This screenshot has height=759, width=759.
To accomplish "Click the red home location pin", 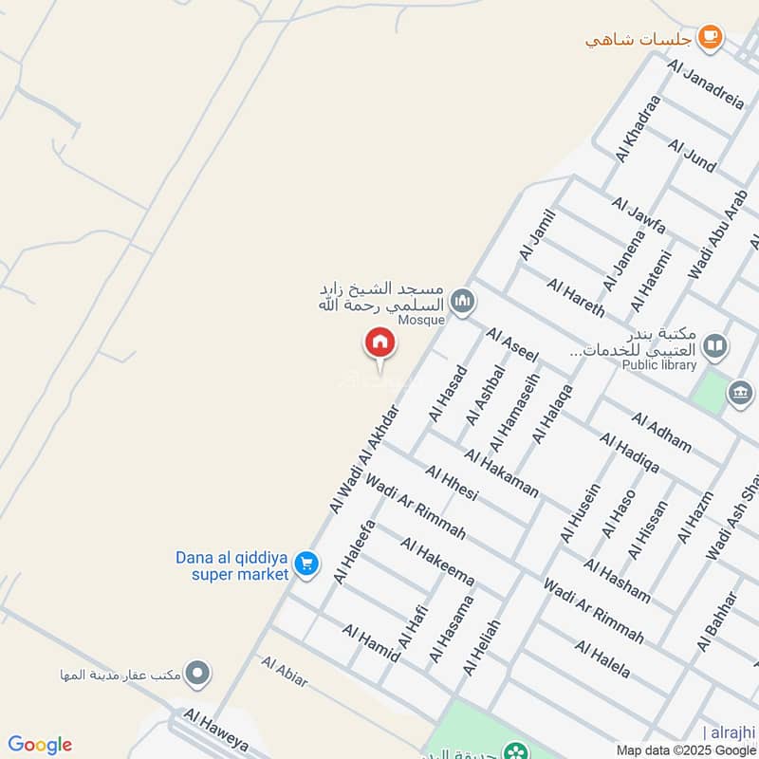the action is [x=379, y=343].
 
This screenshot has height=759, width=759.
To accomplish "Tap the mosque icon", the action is [x=462, y=302].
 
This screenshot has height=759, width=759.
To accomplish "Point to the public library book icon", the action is [x=716, y=345].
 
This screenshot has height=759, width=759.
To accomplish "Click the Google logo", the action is [x=40, y=745].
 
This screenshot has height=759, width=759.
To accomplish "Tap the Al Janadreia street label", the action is [x=706, y=84].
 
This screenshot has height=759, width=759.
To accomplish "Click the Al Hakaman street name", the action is [x=502, y=472].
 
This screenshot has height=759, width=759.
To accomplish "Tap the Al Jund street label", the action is [x=692, y=156].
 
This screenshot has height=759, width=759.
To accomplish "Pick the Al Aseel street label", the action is [x=512, y=344].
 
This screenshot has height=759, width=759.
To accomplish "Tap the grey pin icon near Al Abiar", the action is [x=197, y=675].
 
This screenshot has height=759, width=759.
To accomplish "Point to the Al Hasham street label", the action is [x=617, y=581].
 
